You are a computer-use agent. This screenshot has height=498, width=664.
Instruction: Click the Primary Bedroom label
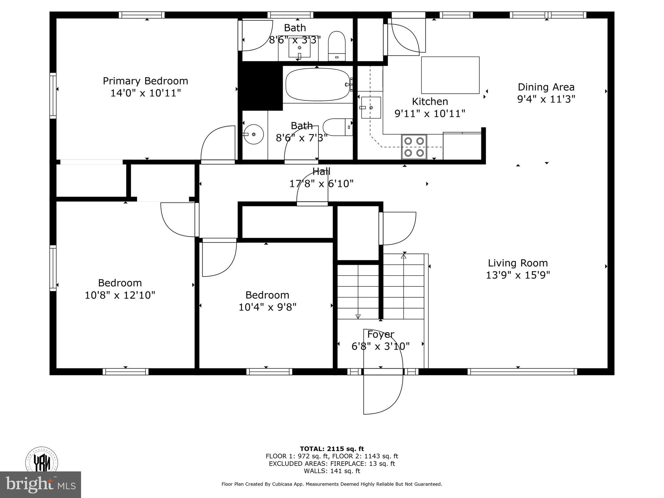pyautogui.click(x=145, y=81)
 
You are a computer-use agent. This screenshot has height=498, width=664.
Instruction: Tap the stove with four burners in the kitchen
pyautogui.click(x=414, y=147)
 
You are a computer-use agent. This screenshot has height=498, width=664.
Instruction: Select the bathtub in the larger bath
pyautogui.click(x=317, y=85)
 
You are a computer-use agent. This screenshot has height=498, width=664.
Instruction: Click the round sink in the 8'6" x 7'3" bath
pyautogui.click(x=253, y=134)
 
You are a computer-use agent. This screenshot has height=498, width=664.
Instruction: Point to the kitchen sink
pyautogui.click(x=371, y=108)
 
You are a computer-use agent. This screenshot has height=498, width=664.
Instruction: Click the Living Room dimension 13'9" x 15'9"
pyautogui.click(x=518, y=275)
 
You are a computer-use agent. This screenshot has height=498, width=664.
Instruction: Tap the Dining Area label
pyautogui.click(x=546, y=87)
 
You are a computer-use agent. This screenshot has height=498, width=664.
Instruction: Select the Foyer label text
pyautogui.click(x=380, y=334)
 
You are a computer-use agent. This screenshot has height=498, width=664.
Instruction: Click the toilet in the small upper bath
pyautogui.click(x=337, y=46)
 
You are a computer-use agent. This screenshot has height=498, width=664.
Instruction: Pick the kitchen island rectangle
pyautogui.click(x=450, y=75)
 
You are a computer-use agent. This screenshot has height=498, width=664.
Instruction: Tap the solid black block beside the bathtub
pyautogui.click(x=260, y=86)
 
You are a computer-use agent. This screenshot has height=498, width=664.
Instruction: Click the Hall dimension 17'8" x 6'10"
pyautogui.click(x=321, y=184)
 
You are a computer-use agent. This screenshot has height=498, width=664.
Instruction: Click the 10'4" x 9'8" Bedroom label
pyautogui.click(x=267, y=295)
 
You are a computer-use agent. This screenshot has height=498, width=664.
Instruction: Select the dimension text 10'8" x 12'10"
pyautogui.click(x=120, y=295)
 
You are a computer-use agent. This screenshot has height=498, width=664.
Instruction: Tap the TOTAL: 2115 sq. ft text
pyautogui.click(x=332, y=449)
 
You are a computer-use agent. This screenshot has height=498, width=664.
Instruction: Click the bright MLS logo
pyautogui.click(x=40, y=484)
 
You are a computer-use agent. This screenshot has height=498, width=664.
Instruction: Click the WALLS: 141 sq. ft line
pyautogui.click(x=332, y=471)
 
